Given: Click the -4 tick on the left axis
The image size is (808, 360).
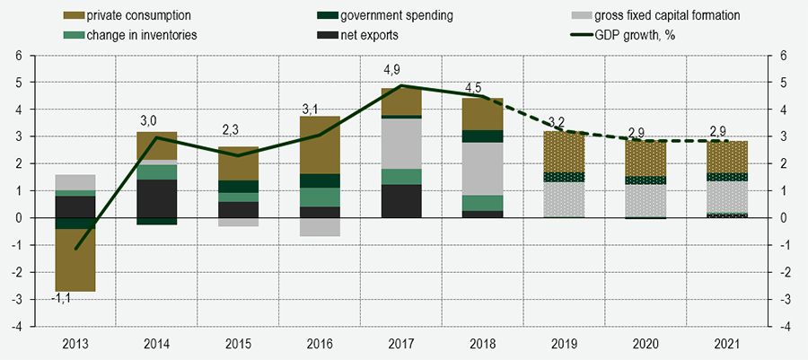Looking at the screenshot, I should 16,326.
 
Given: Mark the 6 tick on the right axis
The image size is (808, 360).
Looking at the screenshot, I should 784,55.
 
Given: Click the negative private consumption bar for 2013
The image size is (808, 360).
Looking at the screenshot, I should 76,260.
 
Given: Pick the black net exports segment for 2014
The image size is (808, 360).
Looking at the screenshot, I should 157,198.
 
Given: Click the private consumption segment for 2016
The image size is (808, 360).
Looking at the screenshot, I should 320,145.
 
